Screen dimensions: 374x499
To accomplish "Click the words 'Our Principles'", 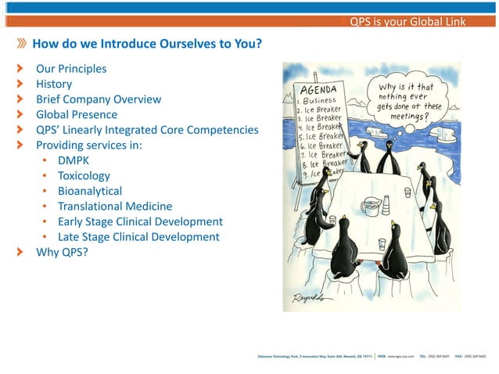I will [x=71, y=69].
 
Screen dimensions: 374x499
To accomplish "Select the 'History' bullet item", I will [x=54, y=84].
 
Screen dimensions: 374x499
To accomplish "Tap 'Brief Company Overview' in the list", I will [x=99, y=99].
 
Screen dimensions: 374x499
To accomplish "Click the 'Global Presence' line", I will [x=77, y=114].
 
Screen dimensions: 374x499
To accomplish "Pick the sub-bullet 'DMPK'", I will [x=74, y=160].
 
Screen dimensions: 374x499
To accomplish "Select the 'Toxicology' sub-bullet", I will [x=84, y=176].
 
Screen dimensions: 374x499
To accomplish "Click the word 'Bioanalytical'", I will [x=90, y=191].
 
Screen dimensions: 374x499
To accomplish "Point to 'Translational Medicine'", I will [x=115, y=207].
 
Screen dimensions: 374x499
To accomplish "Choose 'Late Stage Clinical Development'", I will [x=138, y=236].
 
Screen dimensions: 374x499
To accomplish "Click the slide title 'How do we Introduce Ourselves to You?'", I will [x=146, y=44].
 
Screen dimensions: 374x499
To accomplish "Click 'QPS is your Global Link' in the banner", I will [x=407, y=21].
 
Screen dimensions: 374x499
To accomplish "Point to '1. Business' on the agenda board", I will [x=317, y=100].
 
